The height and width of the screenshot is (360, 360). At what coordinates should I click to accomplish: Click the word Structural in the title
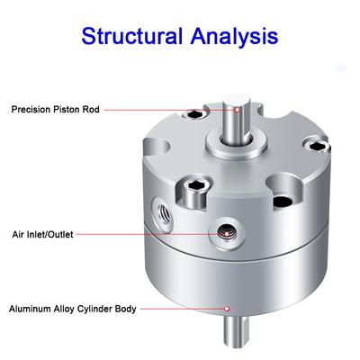132,36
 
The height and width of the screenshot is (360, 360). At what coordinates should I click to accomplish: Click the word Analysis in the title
234,37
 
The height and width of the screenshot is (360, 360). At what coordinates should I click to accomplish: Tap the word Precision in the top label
31,109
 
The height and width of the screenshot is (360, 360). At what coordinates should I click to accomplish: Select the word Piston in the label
67,109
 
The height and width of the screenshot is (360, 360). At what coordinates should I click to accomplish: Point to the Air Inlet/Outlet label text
42,234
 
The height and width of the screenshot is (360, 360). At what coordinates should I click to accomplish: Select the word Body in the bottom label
126,310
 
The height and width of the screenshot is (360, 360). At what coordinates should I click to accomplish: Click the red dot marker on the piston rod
237,110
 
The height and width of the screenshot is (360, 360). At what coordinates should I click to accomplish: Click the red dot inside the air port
227,234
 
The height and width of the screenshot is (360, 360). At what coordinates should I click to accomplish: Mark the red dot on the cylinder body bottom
228,309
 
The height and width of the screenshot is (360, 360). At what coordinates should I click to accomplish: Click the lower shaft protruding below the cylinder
238,331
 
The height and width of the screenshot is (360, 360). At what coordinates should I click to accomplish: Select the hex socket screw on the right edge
317,146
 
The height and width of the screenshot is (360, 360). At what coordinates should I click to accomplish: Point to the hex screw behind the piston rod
195,113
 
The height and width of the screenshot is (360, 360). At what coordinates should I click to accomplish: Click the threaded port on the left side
162,212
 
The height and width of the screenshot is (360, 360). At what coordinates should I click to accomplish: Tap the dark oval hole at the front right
283,202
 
